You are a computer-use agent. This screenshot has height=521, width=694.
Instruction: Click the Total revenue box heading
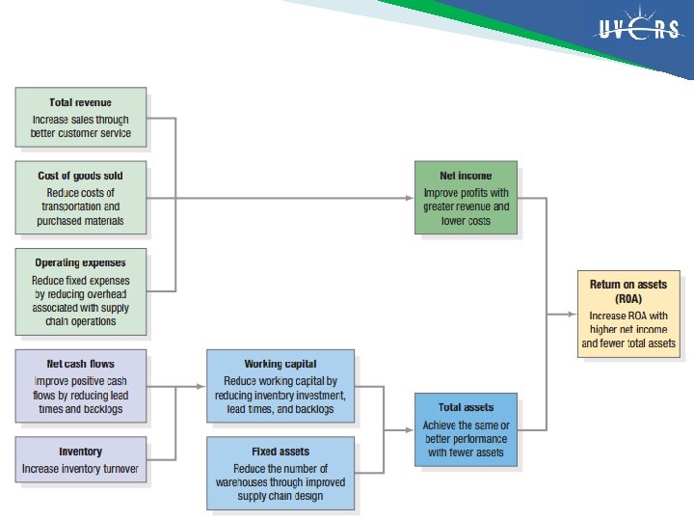(x=80, y=102)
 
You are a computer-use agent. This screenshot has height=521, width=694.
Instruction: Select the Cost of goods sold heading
(x=80, y=176)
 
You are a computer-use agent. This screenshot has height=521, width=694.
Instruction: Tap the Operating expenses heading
(x=80, y=262)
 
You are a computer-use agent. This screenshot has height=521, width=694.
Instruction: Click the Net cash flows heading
(x=80, y=364)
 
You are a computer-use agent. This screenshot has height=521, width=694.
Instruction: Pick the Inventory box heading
(x=80, y=452)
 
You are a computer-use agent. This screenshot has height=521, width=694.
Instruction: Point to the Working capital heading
(x=280, y=364)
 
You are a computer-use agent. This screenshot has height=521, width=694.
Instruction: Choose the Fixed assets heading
(x=280, y=452)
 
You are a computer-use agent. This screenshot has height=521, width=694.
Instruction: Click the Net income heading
(x=466, y=176)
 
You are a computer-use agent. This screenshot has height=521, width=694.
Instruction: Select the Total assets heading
(x=466, y=407)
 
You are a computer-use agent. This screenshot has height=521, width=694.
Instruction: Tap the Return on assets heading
(x=628, y=285)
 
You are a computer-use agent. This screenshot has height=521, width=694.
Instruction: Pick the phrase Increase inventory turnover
(x=80, y=470)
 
